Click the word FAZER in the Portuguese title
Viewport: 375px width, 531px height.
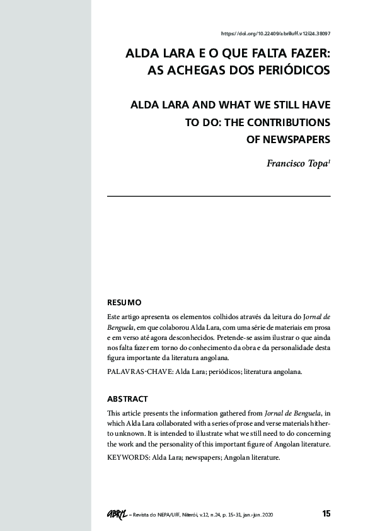(x=306, y=54)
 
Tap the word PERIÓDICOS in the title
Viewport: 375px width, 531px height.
(x=296, y=71)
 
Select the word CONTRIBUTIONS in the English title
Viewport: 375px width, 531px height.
(x=287, y=120)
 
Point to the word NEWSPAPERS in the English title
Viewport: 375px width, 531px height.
(x=288, y=138)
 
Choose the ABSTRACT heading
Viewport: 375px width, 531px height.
(x=128, y=399)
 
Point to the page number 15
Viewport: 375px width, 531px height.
(x=326, y=513)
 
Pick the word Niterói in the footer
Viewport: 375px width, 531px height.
(x=193, y=515)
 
